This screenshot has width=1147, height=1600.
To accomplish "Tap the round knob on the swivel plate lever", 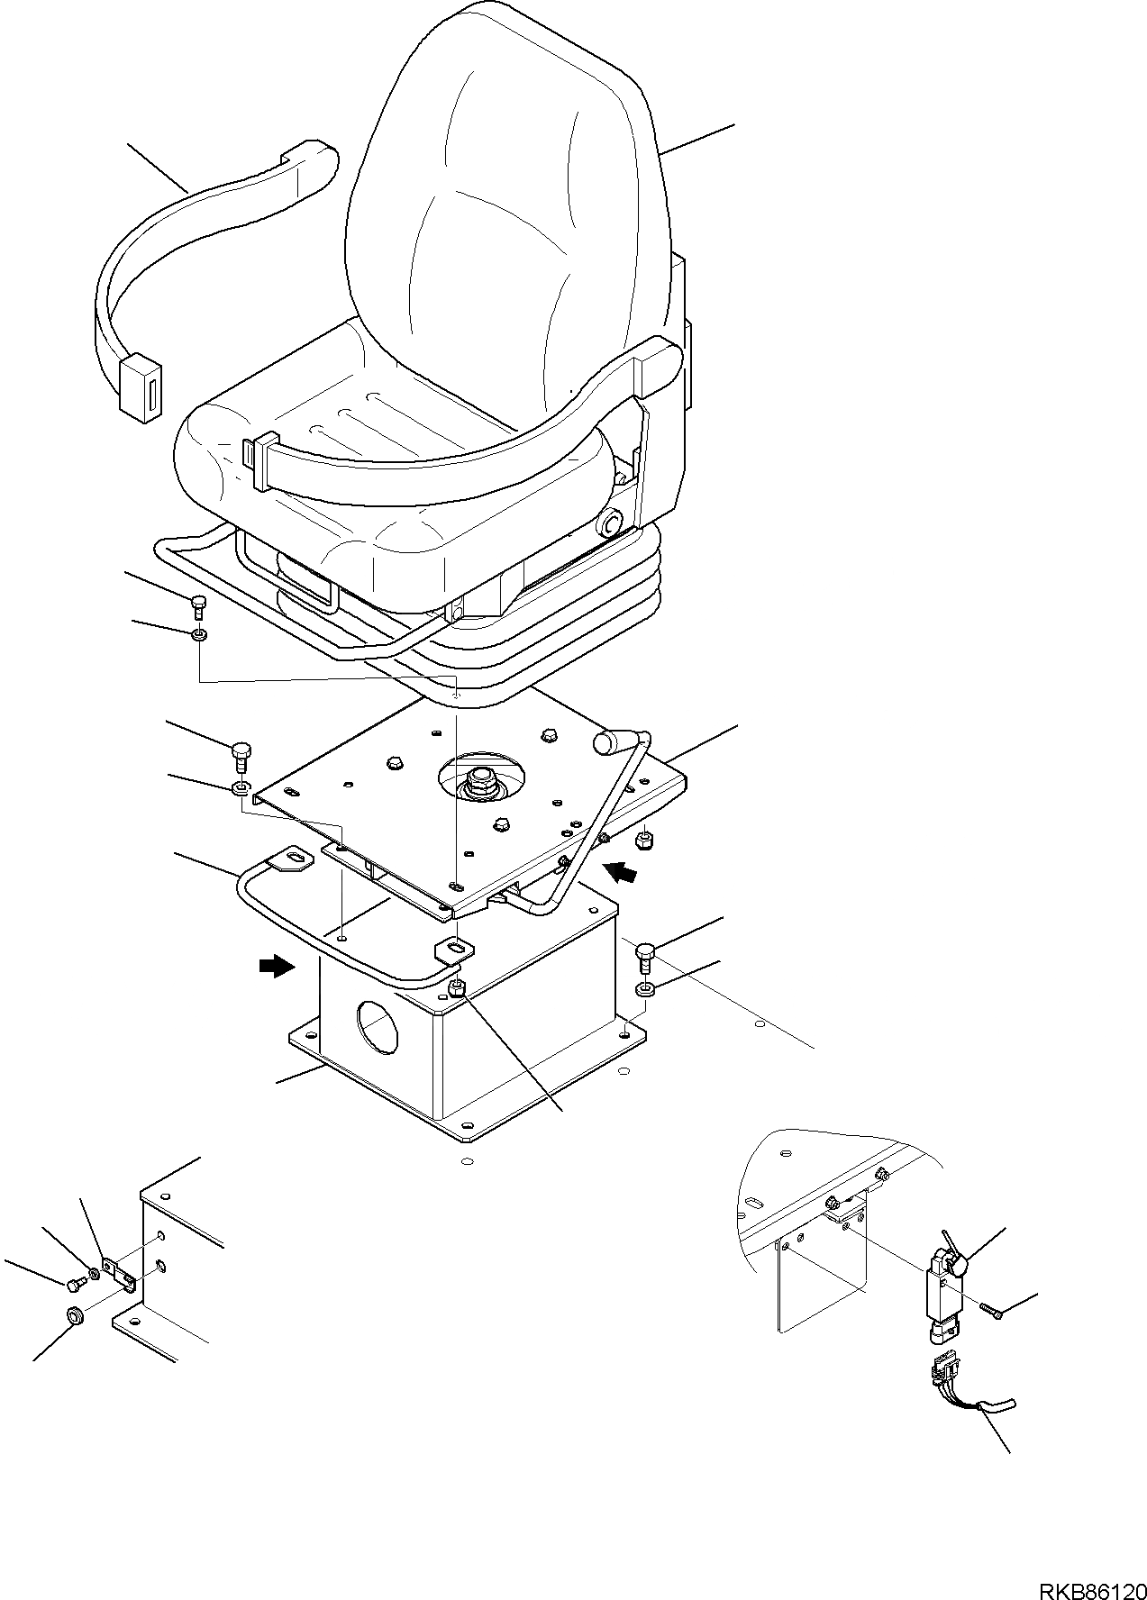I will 607,742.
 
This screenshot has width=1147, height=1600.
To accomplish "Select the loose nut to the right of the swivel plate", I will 645,841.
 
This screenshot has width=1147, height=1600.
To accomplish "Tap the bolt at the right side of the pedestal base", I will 644,956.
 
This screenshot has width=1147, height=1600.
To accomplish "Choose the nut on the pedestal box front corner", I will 458,986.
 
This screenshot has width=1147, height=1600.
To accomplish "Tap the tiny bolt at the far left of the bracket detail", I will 73,1280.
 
